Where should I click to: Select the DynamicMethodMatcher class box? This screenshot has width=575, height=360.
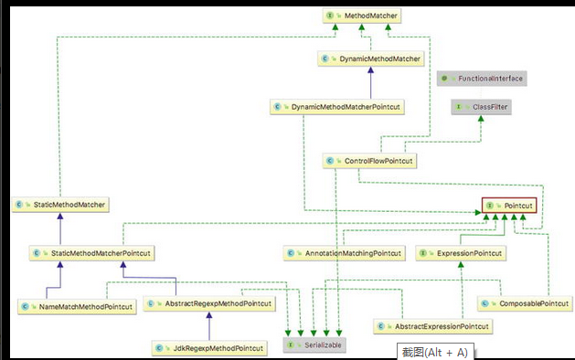372,58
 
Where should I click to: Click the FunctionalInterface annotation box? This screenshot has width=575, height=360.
482,79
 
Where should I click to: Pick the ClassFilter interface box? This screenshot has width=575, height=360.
481,107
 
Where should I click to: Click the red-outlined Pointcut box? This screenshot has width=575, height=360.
509,206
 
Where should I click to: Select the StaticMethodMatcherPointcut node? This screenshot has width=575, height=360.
91,251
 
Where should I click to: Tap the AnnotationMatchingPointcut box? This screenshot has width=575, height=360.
340,251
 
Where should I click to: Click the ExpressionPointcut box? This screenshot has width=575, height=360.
459,251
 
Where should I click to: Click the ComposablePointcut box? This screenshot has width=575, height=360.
528,302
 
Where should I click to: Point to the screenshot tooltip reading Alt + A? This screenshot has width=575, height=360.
433,351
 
